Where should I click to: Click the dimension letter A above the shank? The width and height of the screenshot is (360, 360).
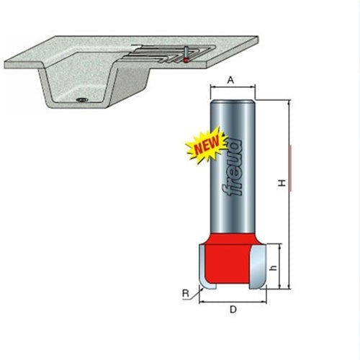pyautogui.click(x=231, y=81)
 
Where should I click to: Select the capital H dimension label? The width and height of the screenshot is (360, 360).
pyautogui.click(x=282, y=184)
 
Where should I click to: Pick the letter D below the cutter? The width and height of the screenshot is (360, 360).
pyautogui.click(x=231, y=310)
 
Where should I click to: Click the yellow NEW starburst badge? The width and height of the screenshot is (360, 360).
pyautogui.click(x=206, y=147)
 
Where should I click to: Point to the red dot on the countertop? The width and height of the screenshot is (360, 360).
pyautogui.click(x=185, y=61)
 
